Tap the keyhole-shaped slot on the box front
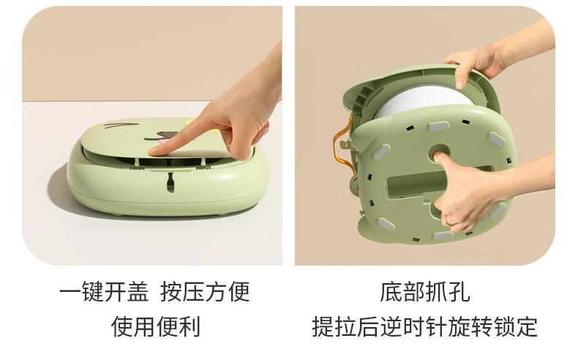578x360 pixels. click(x=170, y=181)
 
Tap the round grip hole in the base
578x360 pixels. click(x=440, y=156)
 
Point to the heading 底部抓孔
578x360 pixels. click(x=424, y=291)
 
